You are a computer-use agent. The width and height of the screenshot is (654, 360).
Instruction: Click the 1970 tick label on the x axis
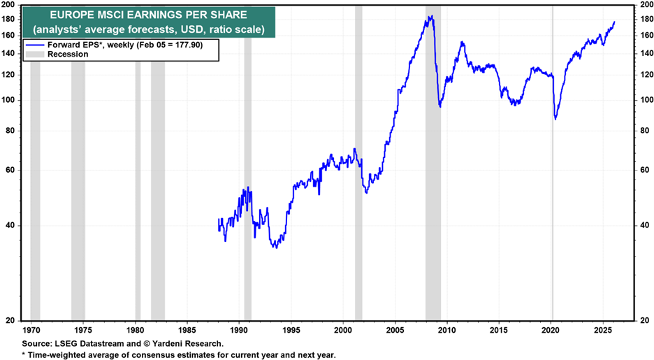pyautogui.click(x=31, y=328)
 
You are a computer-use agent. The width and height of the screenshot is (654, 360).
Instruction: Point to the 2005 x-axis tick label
pyautogui.click(x=395, y=328)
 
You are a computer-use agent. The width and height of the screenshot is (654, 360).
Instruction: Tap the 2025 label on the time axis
pyautogui.click(x=603, y=328)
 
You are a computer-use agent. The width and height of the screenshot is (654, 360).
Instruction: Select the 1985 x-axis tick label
pyautogui.click(x=187, y=328)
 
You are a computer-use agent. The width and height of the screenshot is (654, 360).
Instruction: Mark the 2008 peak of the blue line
pyautogui.click(x=430, y=16)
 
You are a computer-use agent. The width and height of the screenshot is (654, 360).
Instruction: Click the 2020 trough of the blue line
pyautogui.click(x=555, y=119)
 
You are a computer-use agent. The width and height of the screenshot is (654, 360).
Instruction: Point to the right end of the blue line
pyautogui.click(x=614, y=22)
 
